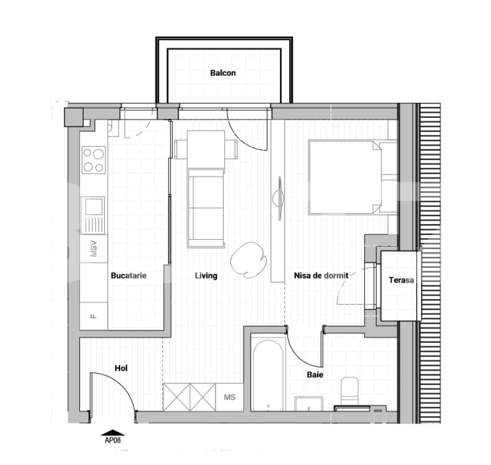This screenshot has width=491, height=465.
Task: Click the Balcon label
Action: click(223, 73)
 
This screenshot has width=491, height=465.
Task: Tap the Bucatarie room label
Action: click(129, 276)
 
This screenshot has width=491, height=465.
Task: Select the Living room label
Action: click(206, 276)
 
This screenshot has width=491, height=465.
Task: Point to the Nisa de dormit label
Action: click(321, 276)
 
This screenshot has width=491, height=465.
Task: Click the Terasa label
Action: click(401, 280)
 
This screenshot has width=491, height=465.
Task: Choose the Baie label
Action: click(315, 374)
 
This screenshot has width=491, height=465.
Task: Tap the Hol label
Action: click(121, 368)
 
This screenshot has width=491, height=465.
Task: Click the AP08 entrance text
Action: click(113, 440)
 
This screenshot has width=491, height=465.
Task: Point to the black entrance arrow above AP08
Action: click(113, 433)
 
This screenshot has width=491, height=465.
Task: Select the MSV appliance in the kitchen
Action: click(93, 249)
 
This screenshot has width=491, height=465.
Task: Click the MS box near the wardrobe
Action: click(230, 397)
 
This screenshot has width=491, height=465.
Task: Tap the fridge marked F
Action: click(93, 316)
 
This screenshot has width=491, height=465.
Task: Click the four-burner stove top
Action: click(93, 160)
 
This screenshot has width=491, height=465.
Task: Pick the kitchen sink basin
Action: click(93, 206)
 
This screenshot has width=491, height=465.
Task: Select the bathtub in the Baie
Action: click(268, 376)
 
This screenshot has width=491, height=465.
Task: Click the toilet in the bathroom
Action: click(349, 391)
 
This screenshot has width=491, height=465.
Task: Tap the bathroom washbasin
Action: click(309, 404)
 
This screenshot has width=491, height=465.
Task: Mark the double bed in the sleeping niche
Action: click(352, 177)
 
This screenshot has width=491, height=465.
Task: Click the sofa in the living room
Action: click(206, 208)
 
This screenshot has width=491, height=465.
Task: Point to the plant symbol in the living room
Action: click(249, 260)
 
